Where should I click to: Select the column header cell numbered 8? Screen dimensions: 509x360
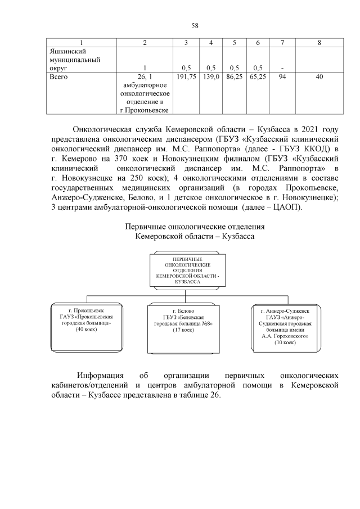tap(319, 43)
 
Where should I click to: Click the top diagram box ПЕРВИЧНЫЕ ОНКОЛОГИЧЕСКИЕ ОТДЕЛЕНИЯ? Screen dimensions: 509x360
tap(188, 270)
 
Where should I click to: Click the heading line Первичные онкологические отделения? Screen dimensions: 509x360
tap(195, 227)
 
